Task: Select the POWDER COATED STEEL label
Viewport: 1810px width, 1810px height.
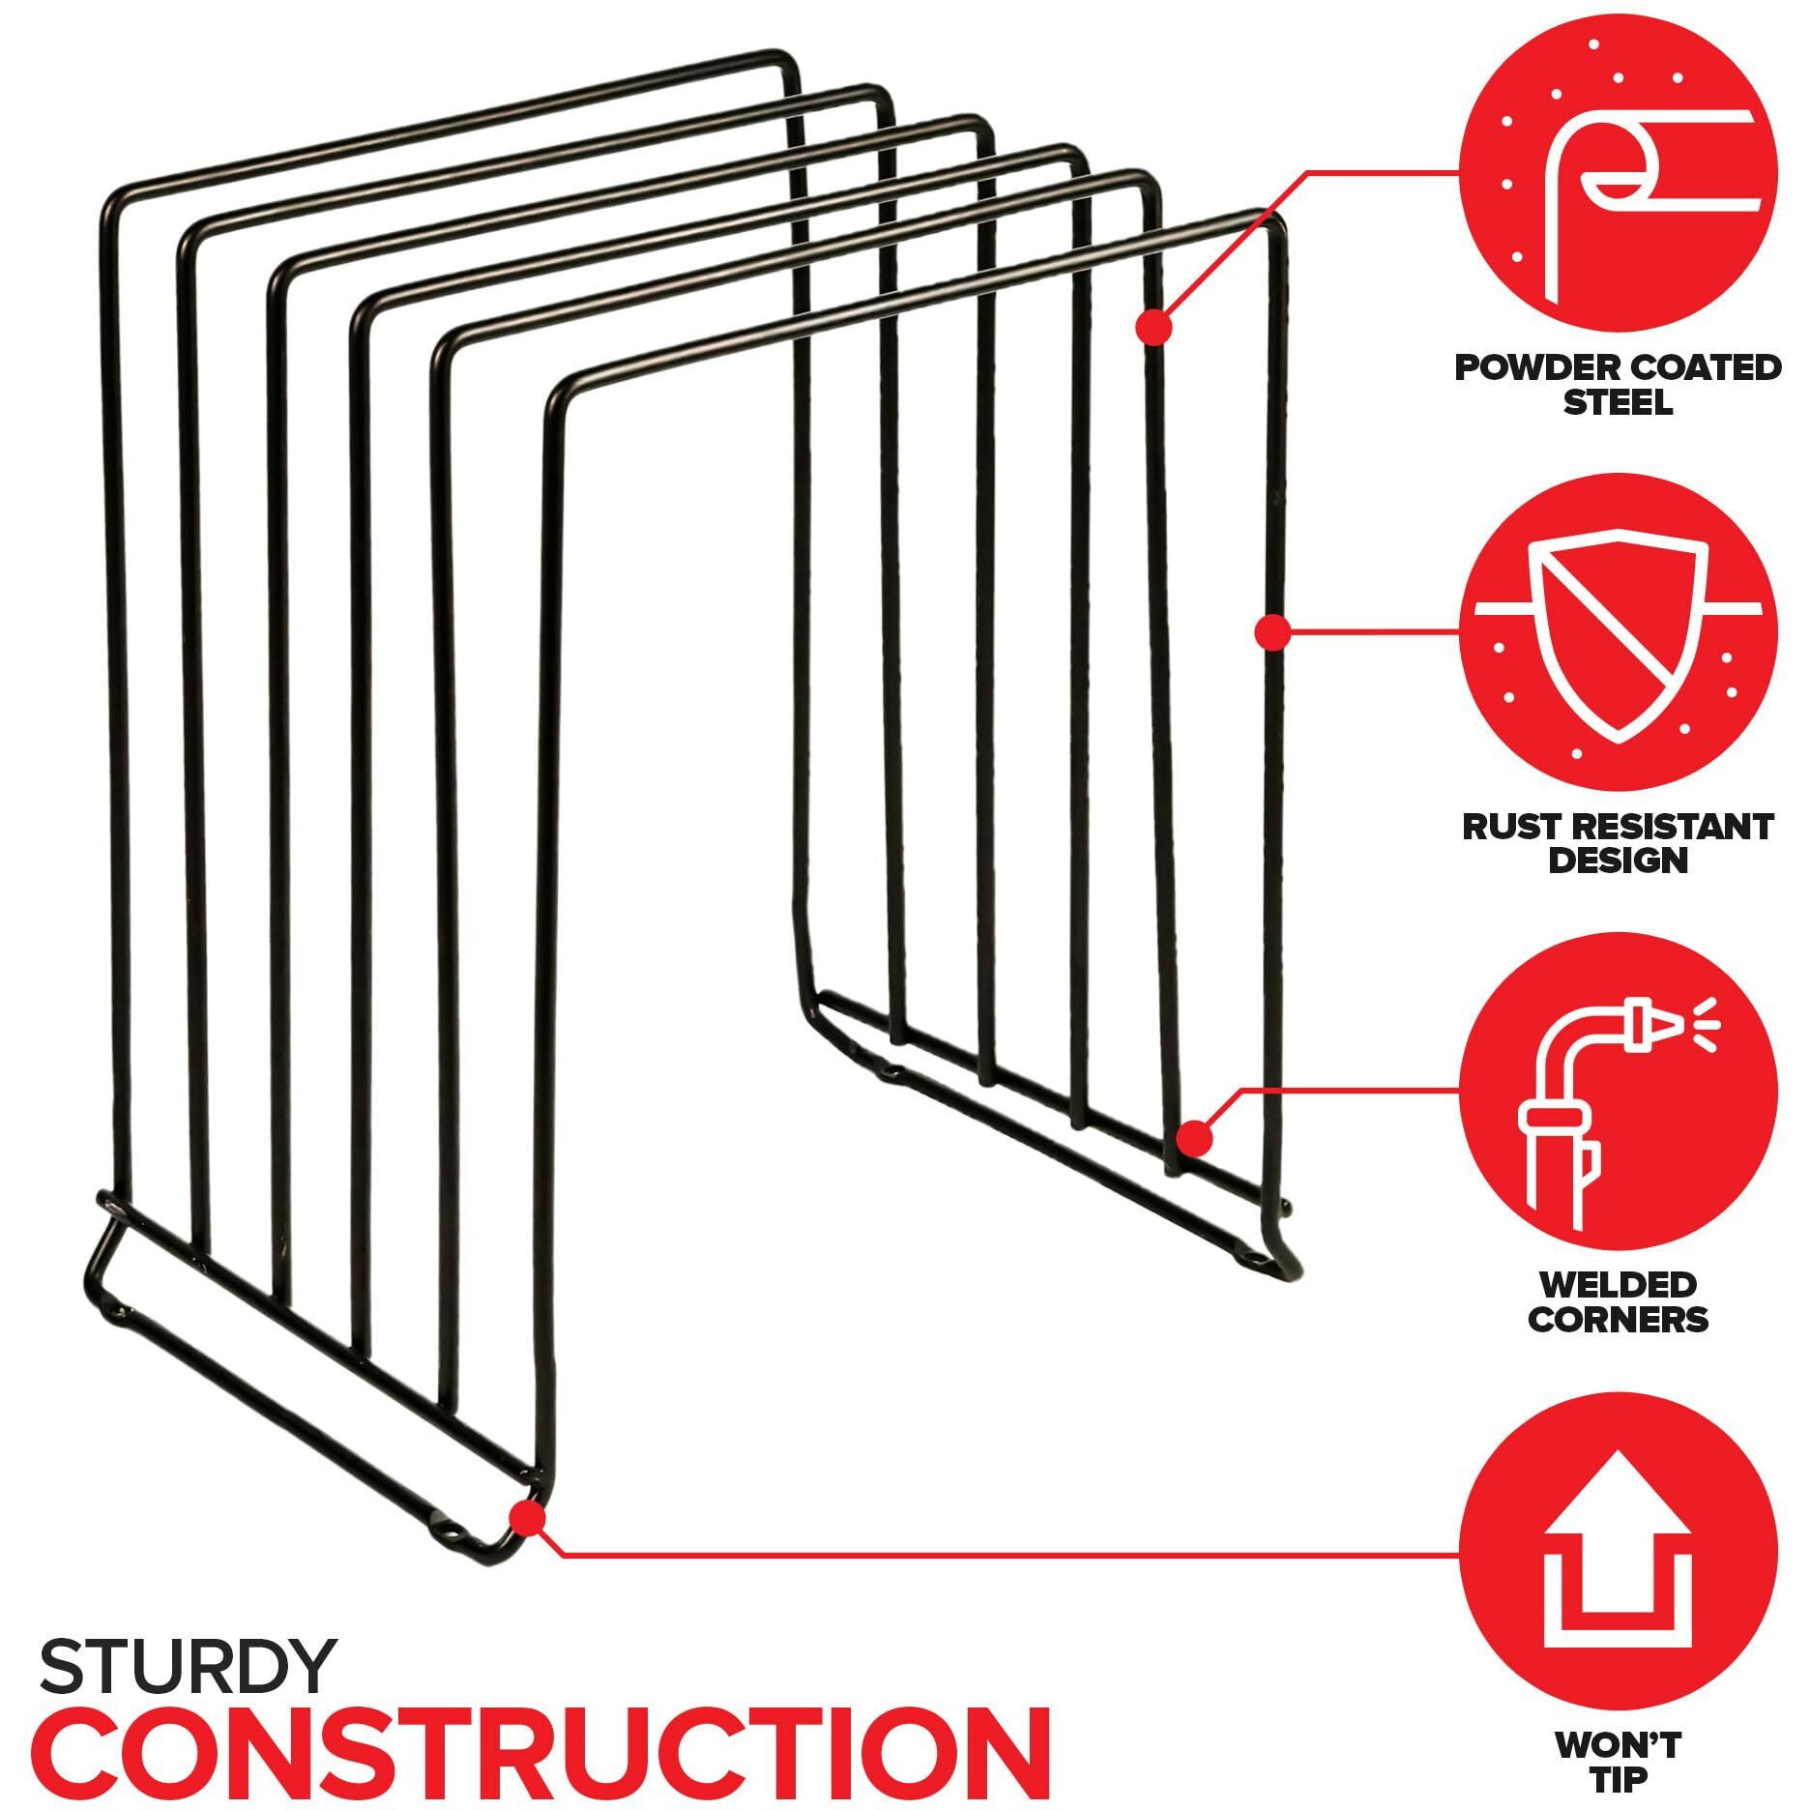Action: pos(1618,384)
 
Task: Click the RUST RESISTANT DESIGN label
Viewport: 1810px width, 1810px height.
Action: pos(1618,843)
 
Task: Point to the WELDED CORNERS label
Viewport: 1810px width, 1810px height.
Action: pos(1618,1301)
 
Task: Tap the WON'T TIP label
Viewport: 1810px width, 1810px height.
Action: pos(1618,1761)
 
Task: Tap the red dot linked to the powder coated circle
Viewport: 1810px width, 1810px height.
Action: pos(1153,328)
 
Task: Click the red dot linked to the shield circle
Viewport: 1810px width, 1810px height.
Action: pos(1273,631)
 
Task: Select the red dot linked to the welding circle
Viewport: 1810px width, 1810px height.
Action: pos(1195,1138)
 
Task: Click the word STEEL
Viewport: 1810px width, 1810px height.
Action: pos(1618,401)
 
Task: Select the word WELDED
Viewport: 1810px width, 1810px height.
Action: pos(1618,1285)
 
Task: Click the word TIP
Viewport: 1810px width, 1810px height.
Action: pos(1618,1779)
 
